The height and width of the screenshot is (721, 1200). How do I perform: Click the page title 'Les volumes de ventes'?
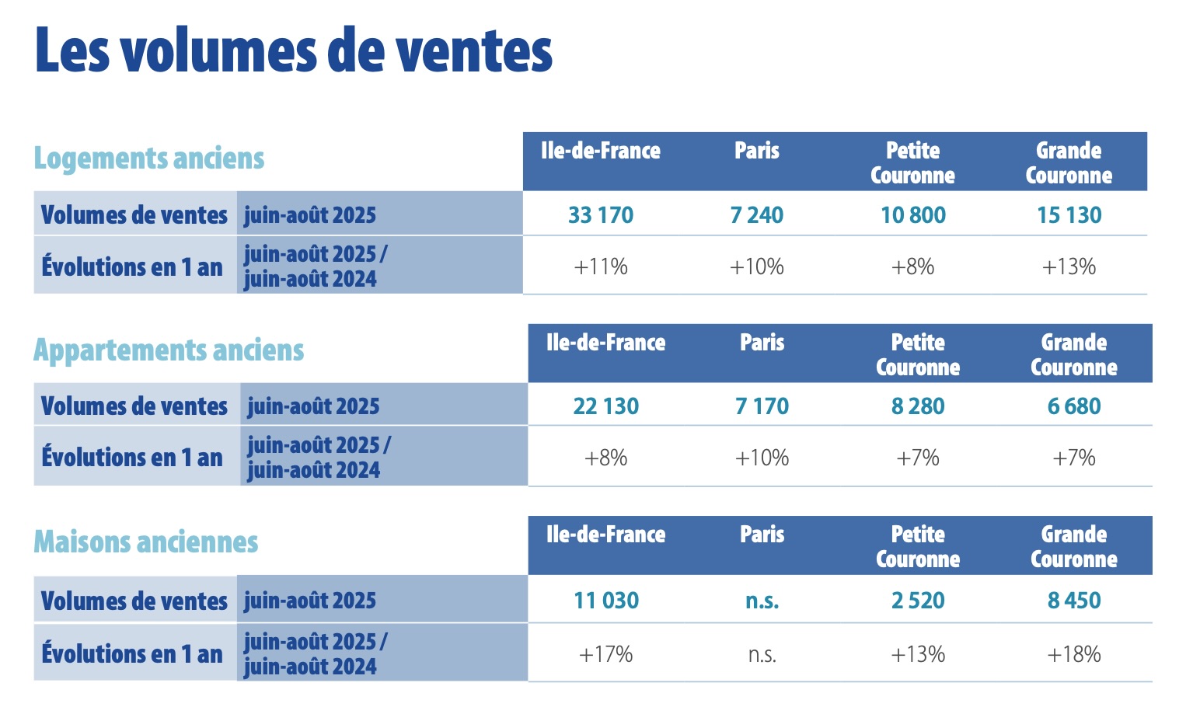[x=294, y=51]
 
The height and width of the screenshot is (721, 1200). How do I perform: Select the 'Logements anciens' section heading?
[x=149, y=158]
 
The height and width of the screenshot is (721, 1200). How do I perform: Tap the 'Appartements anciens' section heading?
[x=169, y=350]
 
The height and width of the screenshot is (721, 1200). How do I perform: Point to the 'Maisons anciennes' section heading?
[x=146, y=542]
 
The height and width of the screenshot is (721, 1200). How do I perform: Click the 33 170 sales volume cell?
[x=601, y=215]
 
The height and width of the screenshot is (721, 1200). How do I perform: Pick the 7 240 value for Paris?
[x=756, y=215]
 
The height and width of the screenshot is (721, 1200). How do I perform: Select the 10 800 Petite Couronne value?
[x=912, y=215]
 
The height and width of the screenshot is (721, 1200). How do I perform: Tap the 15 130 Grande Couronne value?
[x=1069, y=215]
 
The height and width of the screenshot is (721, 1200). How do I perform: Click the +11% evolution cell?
[x=601, y=267]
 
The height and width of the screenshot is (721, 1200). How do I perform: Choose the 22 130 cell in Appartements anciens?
[x=605, y=406]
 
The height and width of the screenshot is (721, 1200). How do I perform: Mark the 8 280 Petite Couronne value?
[x=918, y=406]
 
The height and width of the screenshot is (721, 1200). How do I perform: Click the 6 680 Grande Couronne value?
[x=1074, y=406]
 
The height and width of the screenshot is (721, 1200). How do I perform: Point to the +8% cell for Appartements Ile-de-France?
[x=605, y=458]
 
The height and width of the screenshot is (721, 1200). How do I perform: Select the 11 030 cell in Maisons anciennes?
[x=606, y=601]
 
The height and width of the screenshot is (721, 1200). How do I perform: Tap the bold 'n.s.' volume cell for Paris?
[x=762, y=601]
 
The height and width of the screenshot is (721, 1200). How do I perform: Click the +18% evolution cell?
[x=1074, y=655]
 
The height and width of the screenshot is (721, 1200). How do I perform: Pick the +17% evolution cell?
[x=606, y=655]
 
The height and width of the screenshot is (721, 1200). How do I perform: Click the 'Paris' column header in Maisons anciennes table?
[x=762, y=535]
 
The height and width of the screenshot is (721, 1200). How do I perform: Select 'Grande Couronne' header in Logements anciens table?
[x=1069, y=162]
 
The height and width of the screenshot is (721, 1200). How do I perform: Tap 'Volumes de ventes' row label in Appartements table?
[x=134, y=406]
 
